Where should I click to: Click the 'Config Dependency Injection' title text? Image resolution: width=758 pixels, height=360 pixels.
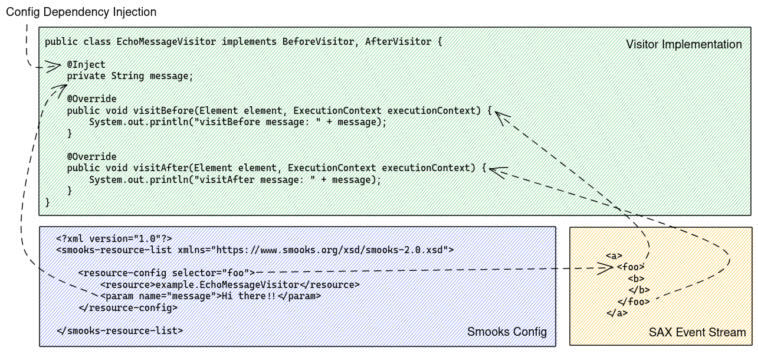81,12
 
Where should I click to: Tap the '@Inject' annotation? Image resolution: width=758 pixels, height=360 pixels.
86,65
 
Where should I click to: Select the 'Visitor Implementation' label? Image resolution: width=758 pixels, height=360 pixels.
684,45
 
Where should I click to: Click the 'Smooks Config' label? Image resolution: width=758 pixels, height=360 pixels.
507,332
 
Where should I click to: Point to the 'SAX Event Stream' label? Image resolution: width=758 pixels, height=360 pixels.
697,332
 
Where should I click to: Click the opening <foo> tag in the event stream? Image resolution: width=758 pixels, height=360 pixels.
630,267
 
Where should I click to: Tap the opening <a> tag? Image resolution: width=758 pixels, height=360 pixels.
614,256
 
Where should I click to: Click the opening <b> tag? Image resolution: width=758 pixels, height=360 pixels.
635,279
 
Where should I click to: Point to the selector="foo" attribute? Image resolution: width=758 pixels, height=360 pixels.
211,273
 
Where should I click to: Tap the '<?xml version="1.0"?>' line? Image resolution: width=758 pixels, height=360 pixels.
114,238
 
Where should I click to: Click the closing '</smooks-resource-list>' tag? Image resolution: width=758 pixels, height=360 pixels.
120,330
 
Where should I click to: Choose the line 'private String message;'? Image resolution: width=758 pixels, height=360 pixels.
130,76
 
